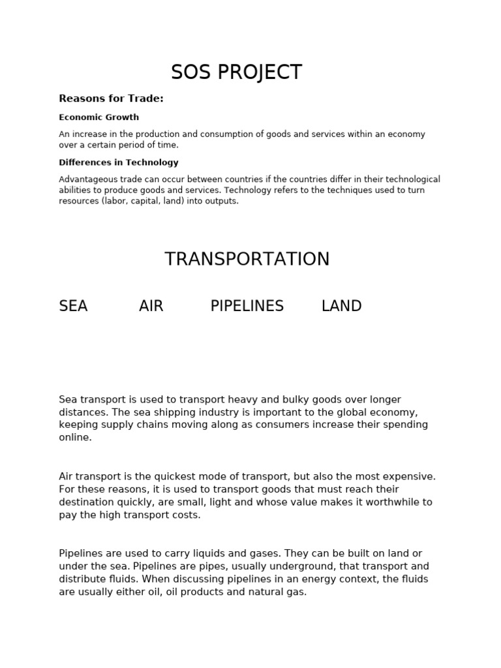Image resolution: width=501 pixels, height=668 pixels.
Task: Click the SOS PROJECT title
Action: click(x=236, y=72)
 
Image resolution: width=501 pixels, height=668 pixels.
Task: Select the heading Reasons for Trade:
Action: click(x=111, y=99)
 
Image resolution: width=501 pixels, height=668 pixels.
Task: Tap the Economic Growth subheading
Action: click(x=99, y=117)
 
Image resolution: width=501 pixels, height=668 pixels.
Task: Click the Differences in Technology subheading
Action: click(x=118, y=162)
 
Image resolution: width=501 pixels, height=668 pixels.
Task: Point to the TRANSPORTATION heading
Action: click(x=247, y=259)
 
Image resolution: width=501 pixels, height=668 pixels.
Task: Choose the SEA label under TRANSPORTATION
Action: click(x=73, y=306)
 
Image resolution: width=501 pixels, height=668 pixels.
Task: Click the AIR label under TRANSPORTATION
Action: click(x=151, y=306)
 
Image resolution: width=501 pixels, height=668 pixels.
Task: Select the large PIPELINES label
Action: click(x=247, y=306)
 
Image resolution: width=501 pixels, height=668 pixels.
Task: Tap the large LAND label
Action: click(x=341, y=306)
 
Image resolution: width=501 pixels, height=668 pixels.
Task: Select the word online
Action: click(x=75, y=438)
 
